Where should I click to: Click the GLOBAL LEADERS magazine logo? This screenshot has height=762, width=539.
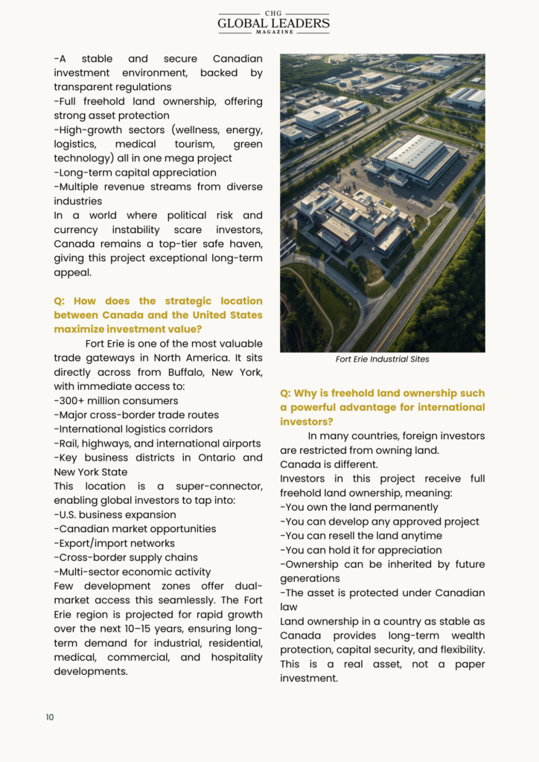pyautogui.click(x=273, y=22)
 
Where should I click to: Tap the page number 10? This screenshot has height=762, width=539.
pyautogui.click(x=50, y=717)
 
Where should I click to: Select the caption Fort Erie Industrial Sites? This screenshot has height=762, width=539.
pyautogui.click(x=382, y=359)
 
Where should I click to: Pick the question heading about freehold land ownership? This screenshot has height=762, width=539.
pyautogui.click(x=382, y=407)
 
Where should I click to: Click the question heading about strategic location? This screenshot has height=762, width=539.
pyautogui.click(x=158, y=315)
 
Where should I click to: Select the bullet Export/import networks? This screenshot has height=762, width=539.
pyautogui.click(x=114, y=543)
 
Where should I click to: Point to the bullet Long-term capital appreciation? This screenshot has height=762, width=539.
pyautogui.click(x=135, y=173)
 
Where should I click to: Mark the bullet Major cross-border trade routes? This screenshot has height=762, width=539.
pyautogui.click(x=136, y=415)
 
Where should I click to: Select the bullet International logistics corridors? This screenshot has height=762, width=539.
pyautogui.click(x=133, y=429)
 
